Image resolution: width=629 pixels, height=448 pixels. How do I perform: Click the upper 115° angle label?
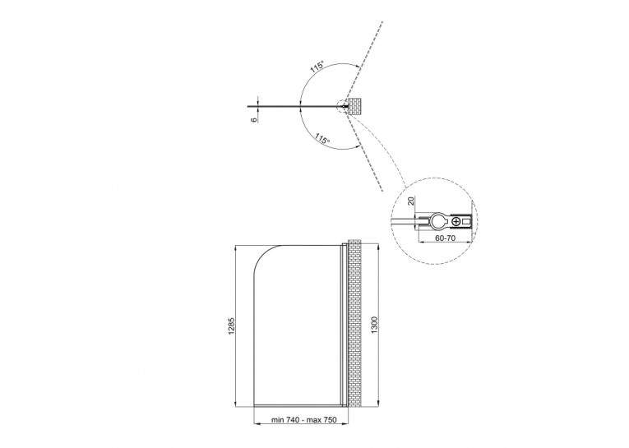pos(317,67)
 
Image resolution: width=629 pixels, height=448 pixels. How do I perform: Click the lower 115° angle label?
pos(322,139)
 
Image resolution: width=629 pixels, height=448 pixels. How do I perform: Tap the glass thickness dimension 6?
pos(253,119)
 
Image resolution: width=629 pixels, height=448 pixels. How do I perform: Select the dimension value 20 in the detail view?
pos(411,201)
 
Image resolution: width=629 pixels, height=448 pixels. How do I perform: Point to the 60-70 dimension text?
pos(446,238)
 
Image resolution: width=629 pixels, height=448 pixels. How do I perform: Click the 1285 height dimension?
pos(231,326)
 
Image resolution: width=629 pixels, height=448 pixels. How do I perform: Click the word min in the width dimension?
pos(278,420)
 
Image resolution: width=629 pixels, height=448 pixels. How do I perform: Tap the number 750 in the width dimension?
pos(330,420)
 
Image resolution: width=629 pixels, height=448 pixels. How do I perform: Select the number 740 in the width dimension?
pos(293,420)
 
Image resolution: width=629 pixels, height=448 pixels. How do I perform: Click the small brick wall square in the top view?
pos(355,106)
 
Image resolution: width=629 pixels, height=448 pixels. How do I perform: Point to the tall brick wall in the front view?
pos(354,323)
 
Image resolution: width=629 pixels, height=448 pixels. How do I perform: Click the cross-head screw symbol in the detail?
pos(456,221)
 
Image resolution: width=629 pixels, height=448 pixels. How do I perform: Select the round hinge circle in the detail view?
pos(439,221)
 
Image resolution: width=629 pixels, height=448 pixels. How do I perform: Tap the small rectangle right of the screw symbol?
pos(465,221)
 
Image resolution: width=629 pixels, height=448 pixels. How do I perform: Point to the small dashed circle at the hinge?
pos(344,107)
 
